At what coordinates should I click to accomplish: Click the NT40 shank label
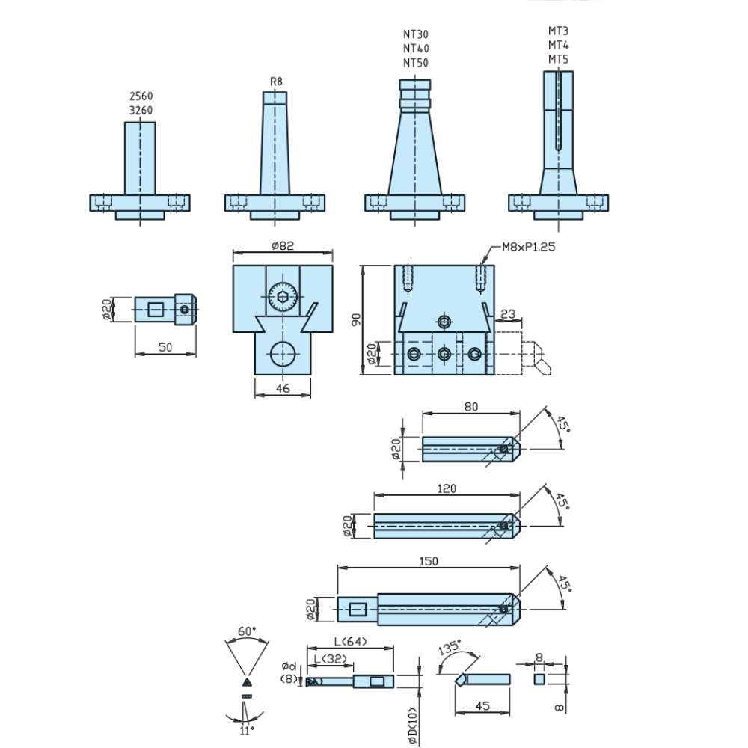[x=415, y=49]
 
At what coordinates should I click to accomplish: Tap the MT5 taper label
[x=558, y=60]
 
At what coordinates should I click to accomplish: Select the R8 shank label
[x=276, y=82]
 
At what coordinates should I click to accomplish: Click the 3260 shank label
[x=141, y=111]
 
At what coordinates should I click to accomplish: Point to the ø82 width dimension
[x=283, y=245]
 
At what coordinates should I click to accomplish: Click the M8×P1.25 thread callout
[x=529, y=247]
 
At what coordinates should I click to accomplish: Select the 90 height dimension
[x=356, y=319]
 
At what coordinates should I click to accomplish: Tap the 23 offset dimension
[x=508, y=314]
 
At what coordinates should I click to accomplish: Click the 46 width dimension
[x=283, y=389]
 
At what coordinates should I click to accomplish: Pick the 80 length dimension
[x=470, y=407]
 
